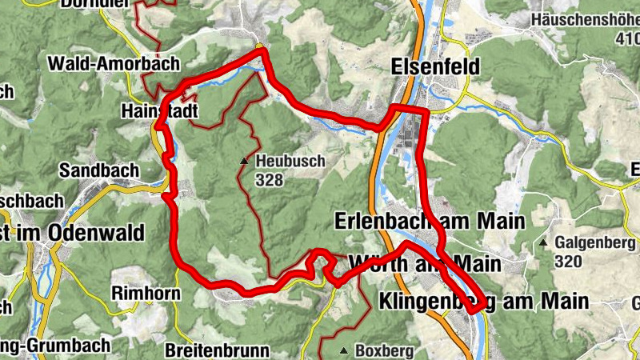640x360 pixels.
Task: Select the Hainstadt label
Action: click(x=158, y=111)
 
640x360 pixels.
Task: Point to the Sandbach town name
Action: click(x=99, y=170)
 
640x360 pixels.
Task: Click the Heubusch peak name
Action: click(x=290, y=162)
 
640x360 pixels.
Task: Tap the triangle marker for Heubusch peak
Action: click(x=245, y=162)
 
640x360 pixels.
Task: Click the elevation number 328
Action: click(x=270, y=180)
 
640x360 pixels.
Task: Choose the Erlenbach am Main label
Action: click(x=430, y=220)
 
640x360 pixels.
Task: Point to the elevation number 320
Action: click(x=570, y=260)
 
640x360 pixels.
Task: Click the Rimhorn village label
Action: click(x=146, y=294)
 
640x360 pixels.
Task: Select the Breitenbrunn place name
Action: click(x=218, y=350)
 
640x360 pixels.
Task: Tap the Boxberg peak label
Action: click(x=383, y=350)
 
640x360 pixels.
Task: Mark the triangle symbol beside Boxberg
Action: click(x=343, y=350)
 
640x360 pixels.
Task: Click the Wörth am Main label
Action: click(x=424, y=263)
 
